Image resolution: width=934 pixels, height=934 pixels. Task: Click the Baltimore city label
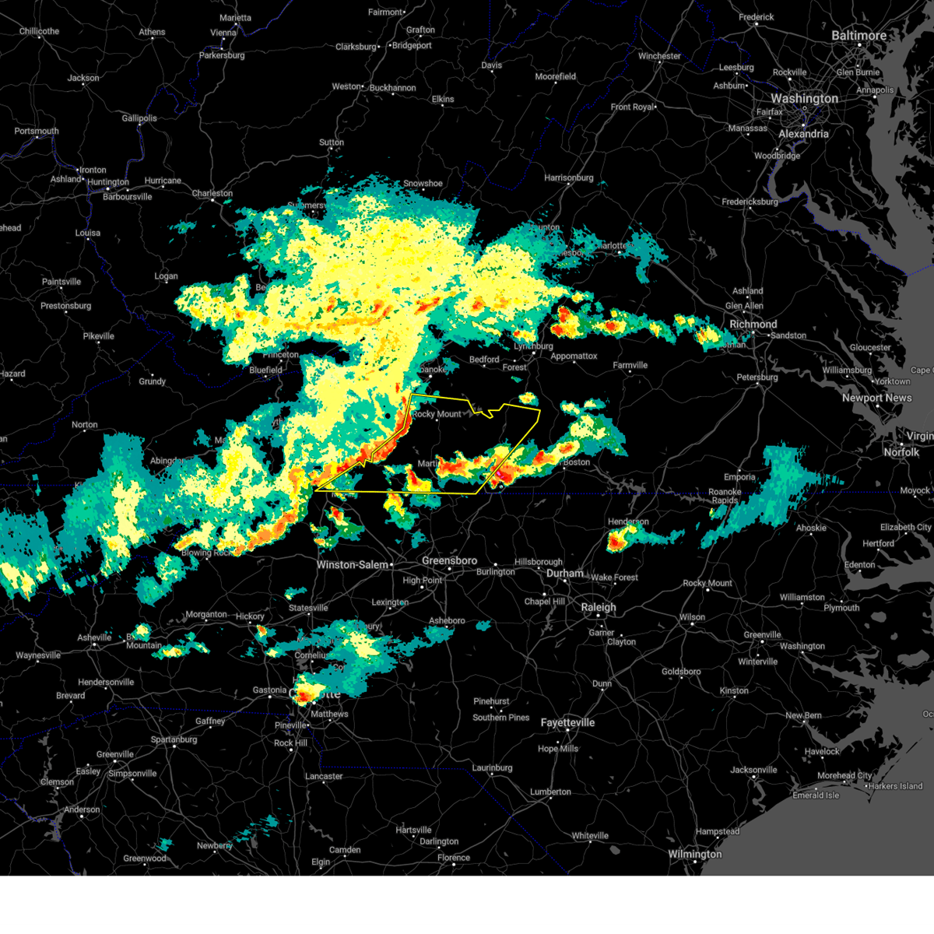859,36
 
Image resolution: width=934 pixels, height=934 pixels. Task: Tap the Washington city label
804,99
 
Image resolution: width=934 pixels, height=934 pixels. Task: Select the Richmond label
753,324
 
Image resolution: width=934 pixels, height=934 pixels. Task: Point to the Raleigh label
598,607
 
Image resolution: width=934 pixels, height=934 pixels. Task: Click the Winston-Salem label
353,564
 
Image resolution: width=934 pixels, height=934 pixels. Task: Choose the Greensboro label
449,560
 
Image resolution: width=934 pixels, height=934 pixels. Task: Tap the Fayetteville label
567,723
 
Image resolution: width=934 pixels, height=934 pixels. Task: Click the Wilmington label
694,854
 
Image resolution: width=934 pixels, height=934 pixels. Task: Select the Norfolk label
901,452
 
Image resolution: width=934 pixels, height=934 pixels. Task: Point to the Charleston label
212,193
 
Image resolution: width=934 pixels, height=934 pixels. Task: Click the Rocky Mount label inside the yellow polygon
437,414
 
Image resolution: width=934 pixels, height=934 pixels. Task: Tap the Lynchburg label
533,346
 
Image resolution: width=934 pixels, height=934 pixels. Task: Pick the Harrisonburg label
568,177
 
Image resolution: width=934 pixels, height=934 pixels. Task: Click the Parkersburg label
222,55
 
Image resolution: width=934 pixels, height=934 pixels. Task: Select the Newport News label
876,398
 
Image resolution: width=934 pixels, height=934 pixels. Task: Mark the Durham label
564,574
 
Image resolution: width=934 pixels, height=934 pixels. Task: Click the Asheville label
94,637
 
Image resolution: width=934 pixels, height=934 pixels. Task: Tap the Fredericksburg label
750,202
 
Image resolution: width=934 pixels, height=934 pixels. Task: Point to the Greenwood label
145,859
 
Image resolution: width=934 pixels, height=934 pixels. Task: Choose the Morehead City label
844,775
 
